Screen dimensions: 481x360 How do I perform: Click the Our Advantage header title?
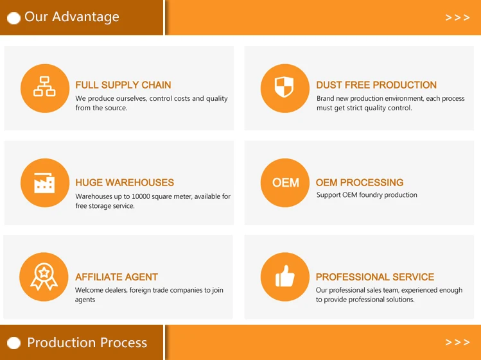[x=72, y=17]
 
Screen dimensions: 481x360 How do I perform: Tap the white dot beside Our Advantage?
[x=13, y=18]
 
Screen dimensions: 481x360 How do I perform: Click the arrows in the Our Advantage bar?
[x=457, y=17]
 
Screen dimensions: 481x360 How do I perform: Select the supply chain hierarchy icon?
[x=44, y=87]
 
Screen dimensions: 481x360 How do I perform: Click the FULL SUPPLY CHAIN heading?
[x=123, y=85]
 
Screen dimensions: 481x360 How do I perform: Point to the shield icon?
[x=284, y=87]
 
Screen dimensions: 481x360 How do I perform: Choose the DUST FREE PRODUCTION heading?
[x=376, y=85]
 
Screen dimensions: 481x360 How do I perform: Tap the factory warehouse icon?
[x=44, y=183]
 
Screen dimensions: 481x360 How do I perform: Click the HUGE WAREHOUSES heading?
[x=125, y=182]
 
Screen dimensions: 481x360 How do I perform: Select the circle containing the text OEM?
[x=285, y=183]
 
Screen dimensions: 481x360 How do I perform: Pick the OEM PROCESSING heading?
[x=360, y=182]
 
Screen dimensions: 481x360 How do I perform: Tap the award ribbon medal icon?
[x=44, y=277]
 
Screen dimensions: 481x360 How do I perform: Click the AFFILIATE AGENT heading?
[x=117, y=277]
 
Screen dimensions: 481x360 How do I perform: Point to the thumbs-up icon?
[x=285, y=276]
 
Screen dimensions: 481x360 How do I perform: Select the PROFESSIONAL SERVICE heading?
[x=375, y=277]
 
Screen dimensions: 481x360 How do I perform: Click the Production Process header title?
[x=87, y=343]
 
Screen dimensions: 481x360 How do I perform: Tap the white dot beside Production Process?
[x=13, y=343]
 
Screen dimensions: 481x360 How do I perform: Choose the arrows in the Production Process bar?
[x=457, y=342]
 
